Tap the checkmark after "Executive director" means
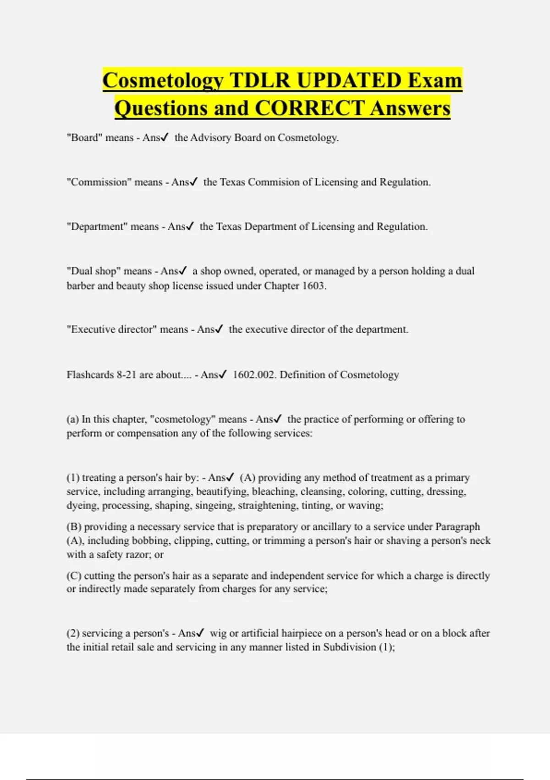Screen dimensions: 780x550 coord(219,329)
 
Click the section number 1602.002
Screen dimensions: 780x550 coord(254,375)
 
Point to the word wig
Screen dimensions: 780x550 coord(218,634)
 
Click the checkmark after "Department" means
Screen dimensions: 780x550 coord(189,226)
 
